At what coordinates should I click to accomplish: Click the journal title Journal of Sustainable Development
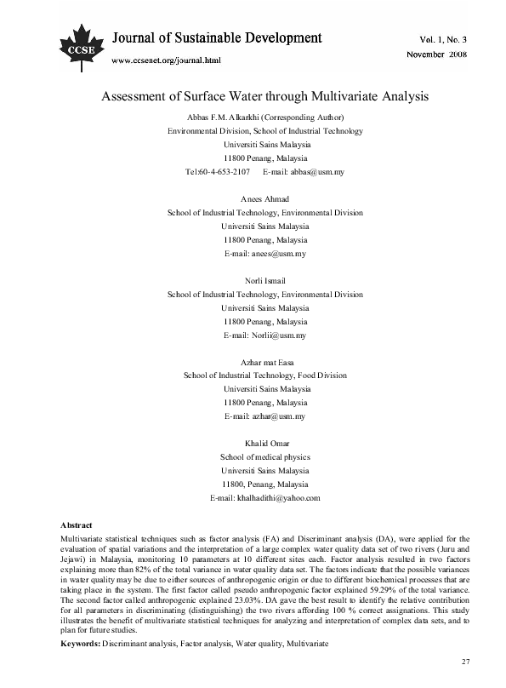(217, 38)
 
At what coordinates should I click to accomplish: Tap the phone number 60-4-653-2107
(224, 172)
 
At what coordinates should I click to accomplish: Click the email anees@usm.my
(277, 255)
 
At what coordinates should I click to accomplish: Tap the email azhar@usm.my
(277, 416)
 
